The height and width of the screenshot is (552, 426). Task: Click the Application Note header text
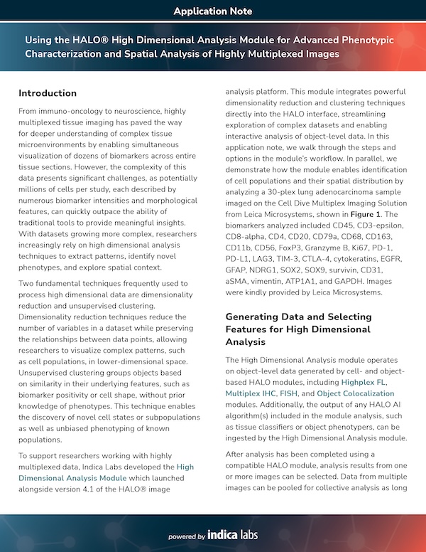212,11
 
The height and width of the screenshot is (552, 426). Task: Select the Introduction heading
48,93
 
